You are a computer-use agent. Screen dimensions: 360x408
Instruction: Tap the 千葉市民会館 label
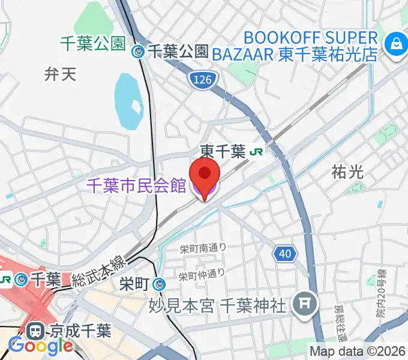(137, 186)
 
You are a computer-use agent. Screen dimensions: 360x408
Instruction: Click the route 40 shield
(285, 254)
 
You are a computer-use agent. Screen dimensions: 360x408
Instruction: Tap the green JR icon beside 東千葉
(256, 152)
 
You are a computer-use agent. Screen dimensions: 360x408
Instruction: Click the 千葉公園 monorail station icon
(139, 52)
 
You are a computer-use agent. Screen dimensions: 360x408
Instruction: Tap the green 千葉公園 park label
(92, 43)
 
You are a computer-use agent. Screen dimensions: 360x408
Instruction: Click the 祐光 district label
(348, 172)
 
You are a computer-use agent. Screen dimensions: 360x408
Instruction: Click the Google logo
(41, 346)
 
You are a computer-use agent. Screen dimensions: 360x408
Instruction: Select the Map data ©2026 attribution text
(358, 352)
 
